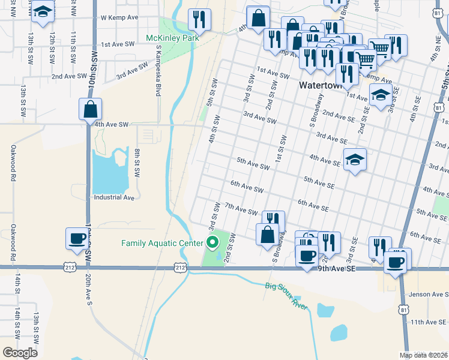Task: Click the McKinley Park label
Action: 172,38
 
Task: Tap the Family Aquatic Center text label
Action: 162,243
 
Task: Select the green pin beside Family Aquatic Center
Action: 212,242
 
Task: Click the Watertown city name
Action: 320,86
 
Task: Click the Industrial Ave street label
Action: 113,197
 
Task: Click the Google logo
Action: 20,352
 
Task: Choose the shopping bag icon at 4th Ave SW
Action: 89,109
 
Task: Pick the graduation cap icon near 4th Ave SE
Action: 355,160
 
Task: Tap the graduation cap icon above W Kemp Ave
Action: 43,13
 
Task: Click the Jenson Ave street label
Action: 429,295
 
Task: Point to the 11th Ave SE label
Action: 429,322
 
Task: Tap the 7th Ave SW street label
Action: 241,209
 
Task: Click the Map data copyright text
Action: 423,355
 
